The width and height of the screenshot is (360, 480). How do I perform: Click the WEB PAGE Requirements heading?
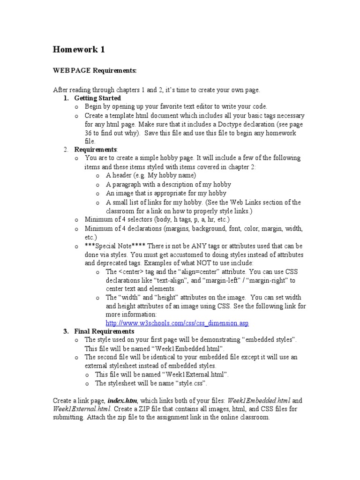coord(95,70)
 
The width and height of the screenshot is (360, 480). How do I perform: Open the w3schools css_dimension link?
coord(177,323)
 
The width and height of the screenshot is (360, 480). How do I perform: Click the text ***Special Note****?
coord(111,246)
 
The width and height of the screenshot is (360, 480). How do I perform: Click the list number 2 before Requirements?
coord(66,150)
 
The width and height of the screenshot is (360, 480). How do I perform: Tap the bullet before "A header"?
coord(97,176)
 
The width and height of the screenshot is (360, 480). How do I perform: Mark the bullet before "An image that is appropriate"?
coord(97,193)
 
